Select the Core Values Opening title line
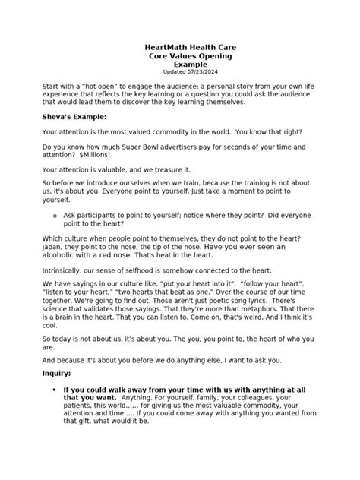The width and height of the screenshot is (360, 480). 180,57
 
